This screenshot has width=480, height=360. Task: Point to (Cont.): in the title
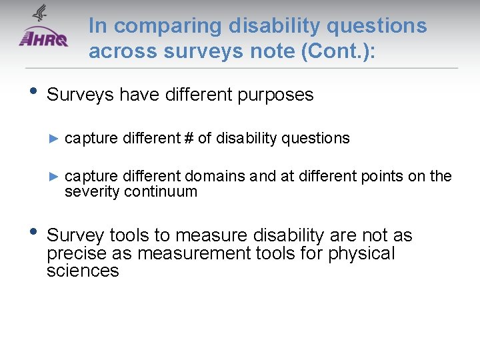tap(338, 51)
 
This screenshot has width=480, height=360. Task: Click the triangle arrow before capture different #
tap(55, 139)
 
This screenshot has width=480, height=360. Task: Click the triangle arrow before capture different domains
tap(55, 177)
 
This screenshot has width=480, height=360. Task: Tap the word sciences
tap(83, 271)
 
